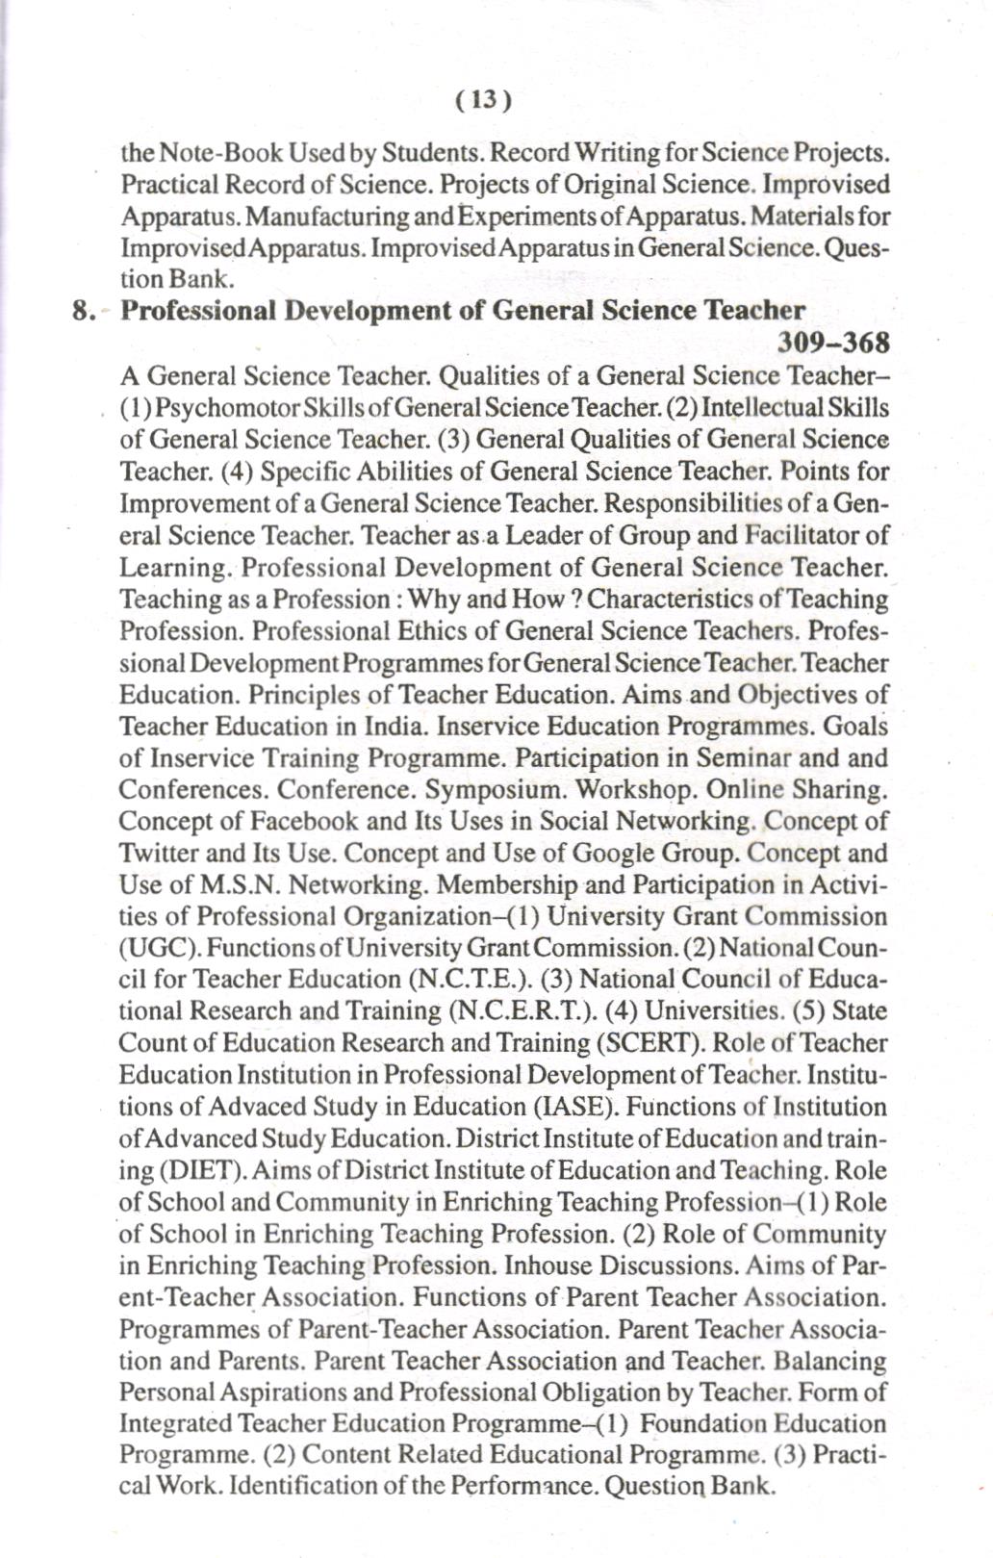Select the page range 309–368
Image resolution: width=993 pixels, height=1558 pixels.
coord(830,343)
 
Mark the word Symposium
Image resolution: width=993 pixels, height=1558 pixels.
coord(496,790)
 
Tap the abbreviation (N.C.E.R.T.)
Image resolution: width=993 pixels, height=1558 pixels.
coord(519,1011)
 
